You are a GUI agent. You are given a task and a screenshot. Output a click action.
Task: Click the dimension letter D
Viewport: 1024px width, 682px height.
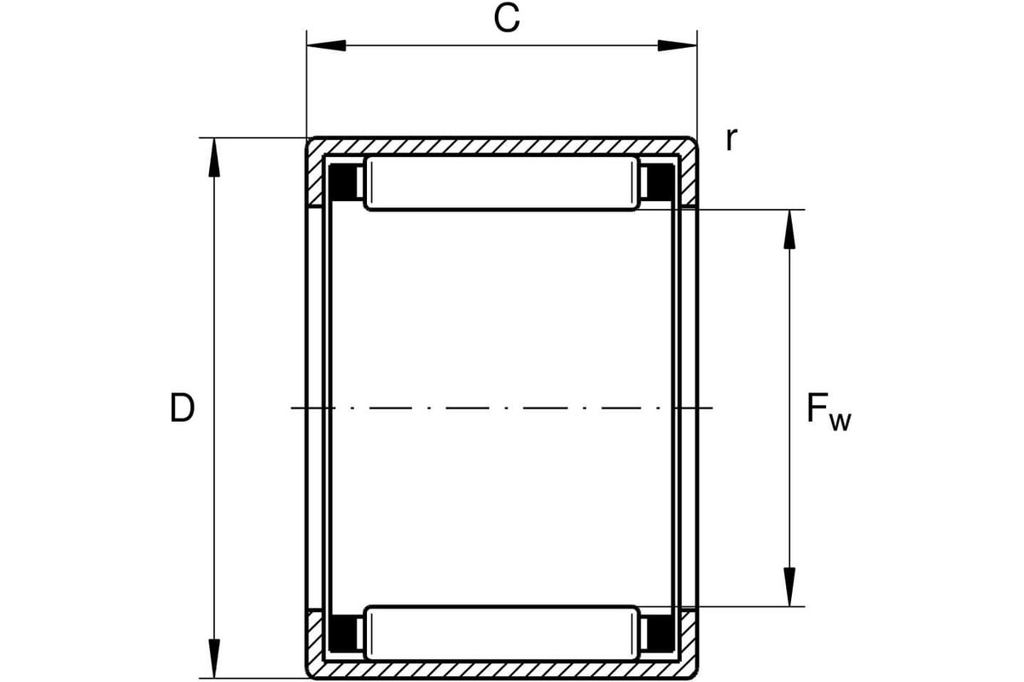182,407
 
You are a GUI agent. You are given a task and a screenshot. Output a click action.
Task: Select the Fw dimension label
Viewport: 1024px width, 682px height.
829,412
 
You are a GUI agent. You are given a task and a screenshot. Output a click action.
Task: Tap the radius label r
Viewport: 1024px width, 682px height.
731,139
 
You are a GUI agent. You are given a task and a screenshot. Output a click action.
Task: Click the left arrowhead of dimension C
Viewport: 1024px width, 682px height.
326,46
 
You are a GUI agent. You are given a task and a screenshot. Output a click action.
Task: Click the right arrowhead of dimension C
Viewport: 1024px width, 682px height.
678,46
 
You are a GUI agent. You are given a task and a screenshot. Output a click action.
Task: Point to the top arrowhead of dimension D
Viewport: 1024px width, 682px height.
214,158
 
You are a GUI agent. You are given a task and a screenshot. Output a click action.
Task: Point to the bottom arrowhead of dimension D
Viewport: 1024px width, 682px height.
214,658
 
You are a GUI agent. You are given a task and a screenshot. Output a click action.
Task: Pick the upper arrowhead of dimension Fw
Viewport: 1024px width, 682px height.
789,229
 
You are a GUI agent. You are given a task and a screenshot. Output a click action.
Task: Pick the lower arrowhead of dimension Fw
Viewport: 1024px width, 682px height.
789,587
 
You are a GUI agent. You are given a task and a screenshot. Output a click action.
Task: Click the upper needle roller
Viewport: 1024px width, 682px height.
502,183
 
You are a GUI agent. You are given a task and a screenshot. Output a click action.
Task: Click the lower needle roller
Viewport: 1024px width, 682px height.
502,633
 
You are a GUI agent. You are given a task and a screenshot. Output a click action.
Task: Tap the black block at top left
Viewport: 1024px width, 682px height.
340,182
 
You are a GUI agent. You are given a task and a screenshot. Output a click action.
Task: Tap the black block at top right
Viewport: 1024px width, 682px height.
661,182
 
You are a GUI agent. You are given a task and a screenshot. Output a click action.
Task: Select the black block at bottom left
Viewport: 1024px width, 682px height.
340,634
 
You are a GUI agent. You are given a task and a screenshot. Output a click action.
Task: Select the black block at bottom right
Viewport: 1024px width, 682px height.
661,634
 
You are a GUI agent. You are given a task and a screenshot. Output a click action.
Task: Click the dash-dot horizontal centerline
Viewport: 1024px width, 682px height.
502,407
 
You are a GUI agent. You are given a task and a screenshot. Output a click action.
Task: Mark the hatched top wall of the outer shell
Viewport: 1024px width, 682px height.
502,146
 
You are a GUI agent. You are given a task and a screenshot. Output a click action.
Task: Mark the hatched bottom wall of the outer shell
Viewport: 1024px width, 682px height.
502,670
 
